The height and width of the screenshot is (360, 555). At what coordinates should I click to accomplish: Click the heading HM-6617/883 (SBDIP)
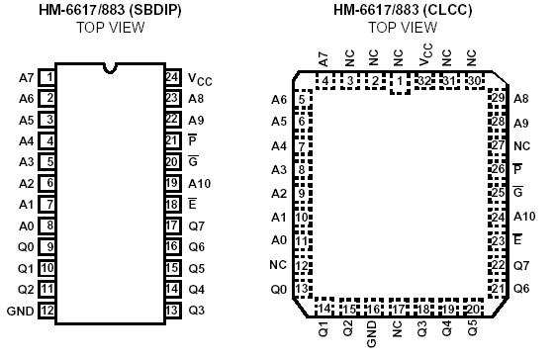coord(111,10)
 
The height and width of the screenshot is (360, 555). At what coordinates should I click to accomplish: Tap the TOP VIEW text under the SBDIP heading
coord(111,27)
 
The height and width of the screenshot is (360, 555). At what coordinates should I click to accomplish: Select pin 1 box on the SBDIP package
coord(47,75)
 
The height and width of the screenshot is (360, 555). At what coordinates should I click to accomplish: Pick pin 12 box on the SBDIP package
coord(47,312)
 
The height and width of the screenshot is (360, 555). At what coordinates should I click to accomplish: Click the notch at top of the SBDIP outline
coord(110,68)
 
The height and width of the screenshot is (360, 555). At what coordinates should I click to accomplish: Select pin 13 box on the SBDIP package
coord(171,312)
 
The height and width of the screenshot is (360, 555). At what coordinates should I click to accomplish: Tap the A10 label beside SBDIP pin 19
coord(199,183)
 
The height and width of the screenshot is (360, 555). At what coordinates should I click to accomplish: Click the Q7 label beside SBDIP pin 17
coord(196,225)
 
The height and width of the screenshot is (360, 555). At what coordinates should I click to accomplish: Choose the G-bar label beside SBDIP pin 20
coord(193,161)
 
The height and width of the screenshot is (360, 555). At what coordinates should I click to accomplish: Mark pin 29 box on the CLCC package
coord(498,98)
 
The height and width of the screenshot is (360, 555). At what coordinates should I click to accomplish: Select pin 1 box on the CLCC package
coord(401,82)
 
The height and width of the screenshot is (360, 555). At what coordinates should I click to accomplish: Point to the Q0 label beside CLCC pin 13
coord(279,289)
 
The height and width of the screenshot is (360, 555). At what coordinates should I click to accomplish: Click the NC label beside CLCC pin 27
coord(521,145)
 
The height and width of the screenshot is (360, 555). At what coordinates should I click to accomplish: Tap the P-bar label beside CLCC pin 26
coord(517,169)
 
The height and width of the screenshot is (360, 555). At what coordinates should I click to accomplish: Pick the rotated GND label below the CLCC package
coord(372,335)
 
